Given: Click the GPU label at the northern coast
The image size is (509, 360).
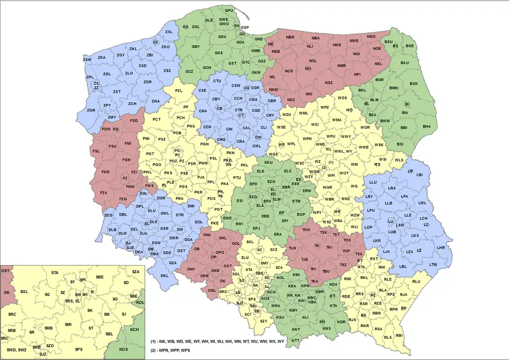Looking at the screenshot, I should tap(229, 11).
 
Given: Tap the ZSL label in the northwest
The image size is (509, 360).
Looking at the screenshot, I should tap(169, 32).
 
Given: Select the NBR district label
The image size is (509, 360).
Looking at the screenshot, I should tap(290, 38).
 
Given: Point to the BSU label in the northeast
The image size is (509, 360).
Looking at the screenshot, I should tap(389, 42).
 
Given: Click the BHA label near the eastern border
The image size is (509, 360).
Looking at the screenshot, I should tap(427, 126).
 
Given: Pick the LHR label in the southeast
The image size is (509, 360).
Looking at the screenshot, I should tap(440, 248).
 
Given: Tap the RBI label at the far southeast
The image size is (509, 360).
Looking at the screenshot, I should tap(399, 336).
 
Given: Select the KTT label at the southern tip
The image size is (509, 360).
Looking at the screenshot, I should tap(296, 340).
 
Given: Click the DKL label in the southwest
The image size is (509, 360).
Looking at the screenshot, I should tap(164, 276).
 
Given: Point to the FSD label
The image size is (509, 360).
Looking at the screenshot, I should tap(134, 121).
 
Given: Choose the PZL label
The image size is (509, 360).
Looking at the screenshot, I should tap(179, 91).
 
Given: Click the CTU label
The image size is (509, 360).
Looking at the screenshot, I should tap(217, 81).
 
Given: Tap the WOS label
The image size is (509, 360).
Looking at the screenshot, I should tap(342, 98).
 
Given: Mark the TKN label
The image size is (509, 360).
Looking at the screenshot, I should tap(306, 230).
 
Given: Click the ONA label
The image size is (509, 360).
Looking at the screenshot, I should tap(207, 234).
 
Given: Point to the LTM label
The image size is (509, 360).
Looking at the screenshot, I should tap(433, 264).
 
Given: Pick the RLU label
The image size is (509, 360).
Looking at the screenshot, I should tap(415, 282).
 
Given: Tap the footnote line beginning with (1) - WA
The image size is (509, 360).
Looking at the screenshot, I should tap(218, 341).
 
